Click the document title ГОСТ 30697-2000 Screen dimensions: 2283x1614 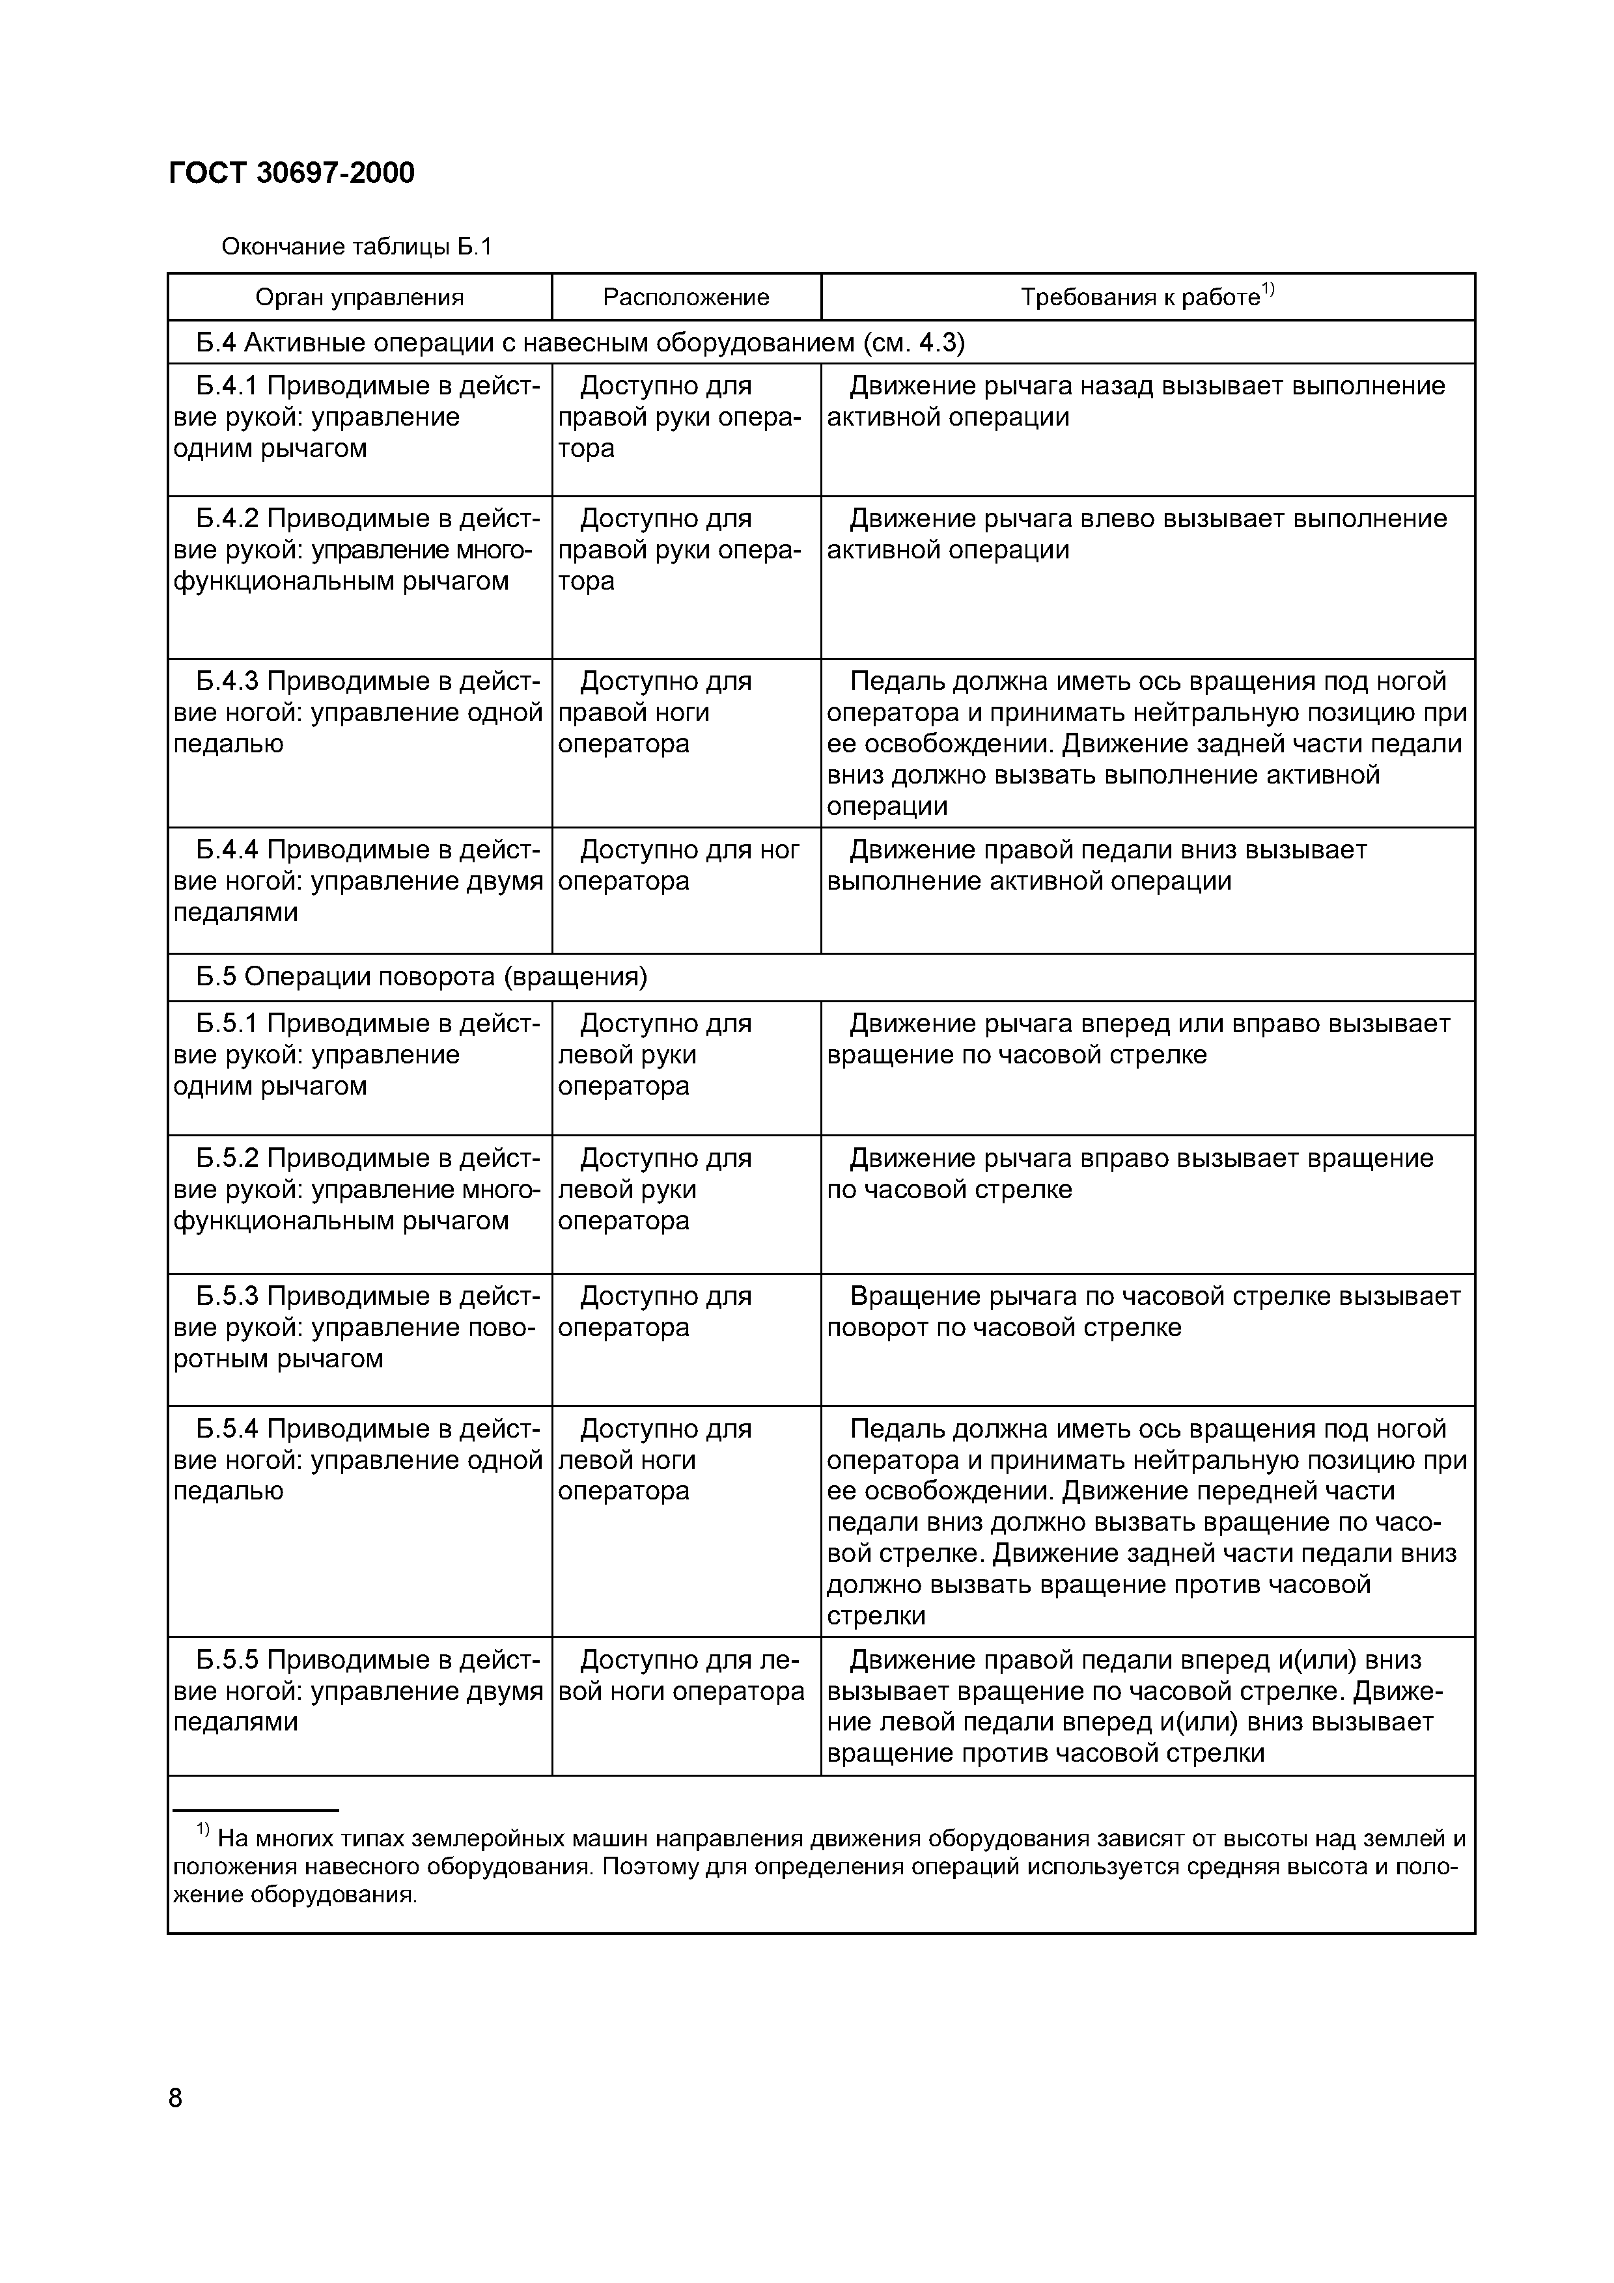click(292, 173)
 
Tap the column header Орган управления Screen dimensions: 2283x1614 click(359, 297)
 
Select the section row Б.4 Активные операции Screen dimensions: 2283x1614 click(579, 343)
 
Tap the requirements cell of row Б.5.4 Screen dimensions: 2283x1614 click(1146, 1522)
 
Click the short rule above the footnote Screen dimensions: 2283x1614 click(256, 1811)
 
